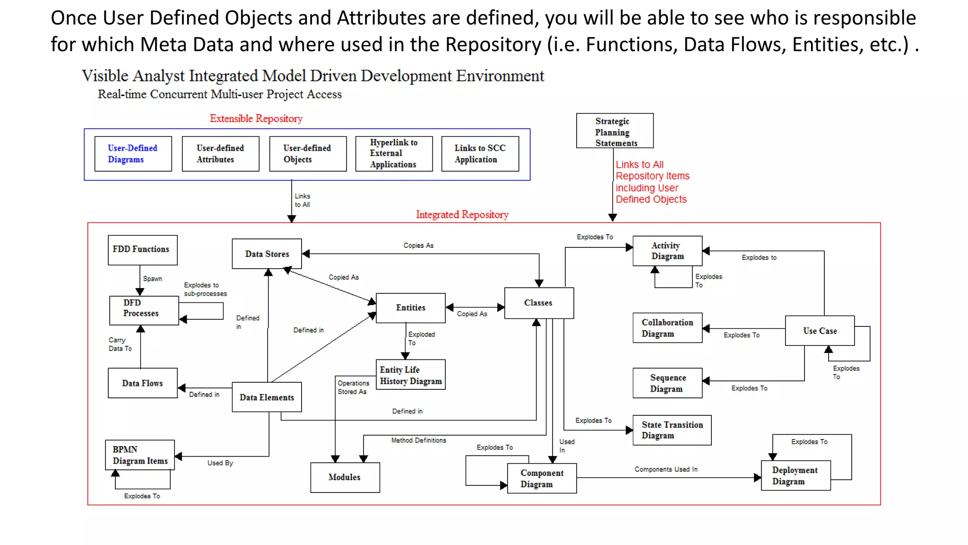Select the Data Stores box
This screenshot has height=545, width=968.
pyautogui.click(x=267, y=254)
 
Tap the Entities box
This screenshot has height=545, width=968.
pyautogui.click(x=410, y=308)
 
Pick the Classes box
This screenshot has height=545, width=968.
pyautogui.click(x=539, y=303)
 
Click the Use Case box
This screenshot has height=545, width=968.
pyautogui.click(x=820, y=331)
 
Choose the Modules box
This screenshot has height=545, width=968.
pyautogui.click(x=345, y=477)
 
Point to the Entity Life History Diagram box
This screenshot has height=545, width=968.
pyautogui.click(x=410, y=375)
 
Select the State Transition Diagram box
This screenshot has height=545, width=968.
pyautogui.click(x=672, y=430)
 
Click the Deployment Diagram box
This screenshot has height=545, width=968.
pyautogui.click(x=795, y=475)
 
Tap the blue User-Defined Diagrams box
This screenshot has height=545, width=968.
pyautogui.click(x=133, y=154)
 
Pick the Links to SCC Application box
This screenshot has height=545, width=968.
pyautogui.click(x=480, y=154)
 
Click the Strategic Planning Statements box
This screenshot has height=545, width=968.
pyautogui.click(x=614, y=131)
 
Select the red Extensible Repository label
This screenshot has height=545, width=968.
pyautogui.click(x=256, y=119)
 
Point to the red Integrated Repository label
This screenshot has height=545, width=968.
pyautogui.click(x=462, y=215)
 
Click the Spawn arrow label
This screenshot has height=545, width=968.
pyautogui.click(x=152, y=279)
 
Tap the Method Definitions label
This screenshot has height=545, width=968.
pyautogui.click(x=418, y=440)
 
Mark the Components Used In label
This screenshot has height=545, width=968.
pyautogui.click(x=665, y=469)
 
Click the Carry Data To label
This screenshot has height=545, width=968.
pyautogui.click(x=120, y=344)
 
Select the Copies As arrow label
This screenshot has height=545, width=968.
pyautogui.click(x=418, y=246)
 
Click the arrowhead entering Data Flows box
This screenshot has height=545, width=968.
pyautogui.click(x=181, y=388)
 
